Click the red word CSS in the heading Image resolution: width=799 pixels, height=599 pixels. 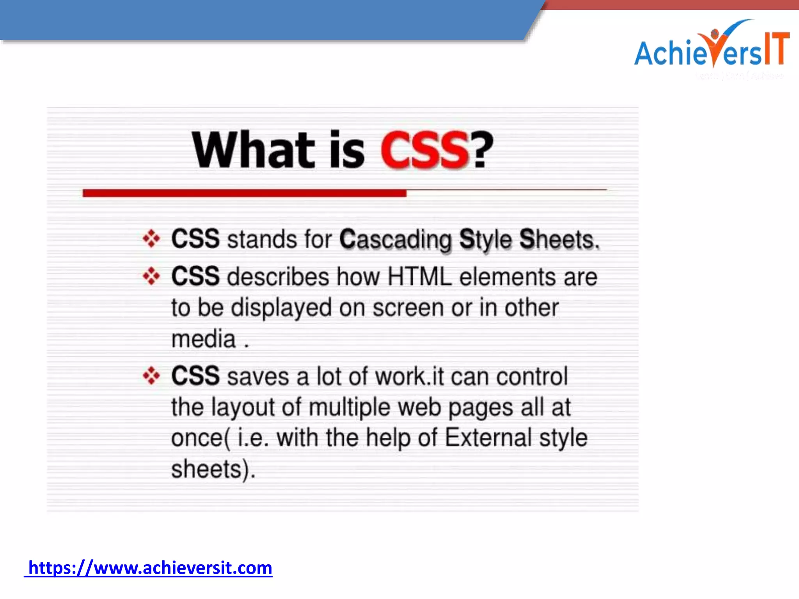(x=424, y=150)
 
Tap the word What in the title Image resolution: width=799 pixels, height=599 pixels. (x=253, y=150)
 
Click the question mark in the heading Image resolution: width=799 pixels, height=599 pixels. (x=483, y=150)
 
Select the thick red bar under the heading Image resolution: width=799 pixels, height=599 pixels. (x=244, y=193)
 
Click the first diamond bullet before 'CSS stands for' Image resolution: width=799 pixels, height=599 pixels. (x=151, y=239)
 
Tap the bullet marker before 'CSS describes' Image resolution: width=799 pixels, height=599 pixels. (x=151, y=276)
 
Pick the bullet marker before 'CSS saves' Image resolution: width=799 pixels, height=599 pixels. (x=151, y=376)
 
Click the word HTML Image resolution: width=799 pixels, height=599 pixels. (x=419, y=277)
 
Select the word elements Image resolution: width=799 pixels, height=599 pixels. (x=507, y=277)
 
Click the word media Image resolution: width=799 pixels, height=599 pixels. (x=203, y=339)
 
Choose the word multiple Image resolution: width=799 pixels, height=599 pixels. (x=349, y=408)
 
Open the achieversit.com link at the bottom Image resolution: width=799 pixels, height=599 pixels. (x=150, y=568)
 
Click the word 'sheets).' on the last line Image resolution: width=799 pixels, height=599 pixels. (x=213, y=469)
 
